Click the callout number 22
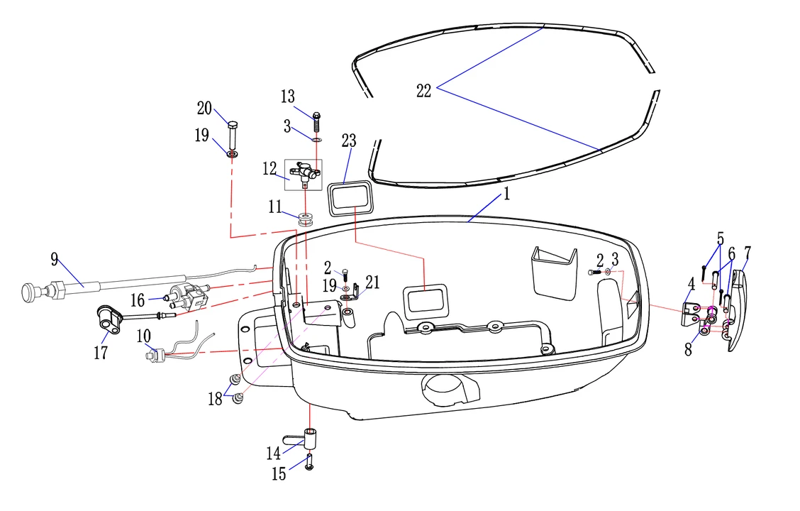[423, 92]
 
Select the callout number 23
[348, 141]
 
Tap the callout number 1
[506, 194]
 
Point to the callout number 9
[55, 259]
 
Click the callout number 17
[101, 353]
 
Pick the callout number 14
[274, 453]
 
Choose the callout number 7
[748, 252]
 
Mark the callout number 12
[270, 170]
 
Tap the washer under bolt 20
[233, 153]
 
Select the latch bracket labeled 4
[690, 312]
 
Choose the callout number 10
[143, 334]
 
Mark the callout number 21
[373, 282]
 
